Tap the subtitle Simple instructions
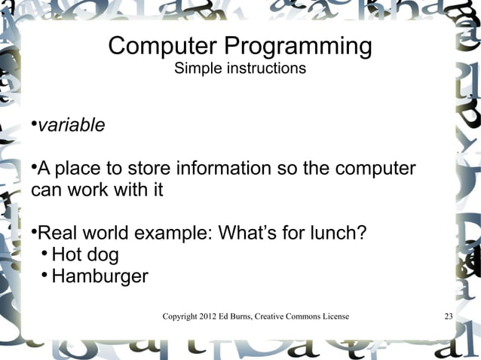point(240,69)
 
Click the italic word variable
point(72,125)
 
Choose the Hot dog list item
point(84,255)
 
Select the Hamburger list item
point(100,276)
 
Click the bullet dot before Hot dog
point(45,253)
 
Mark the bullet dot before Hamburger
point(45,275)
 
